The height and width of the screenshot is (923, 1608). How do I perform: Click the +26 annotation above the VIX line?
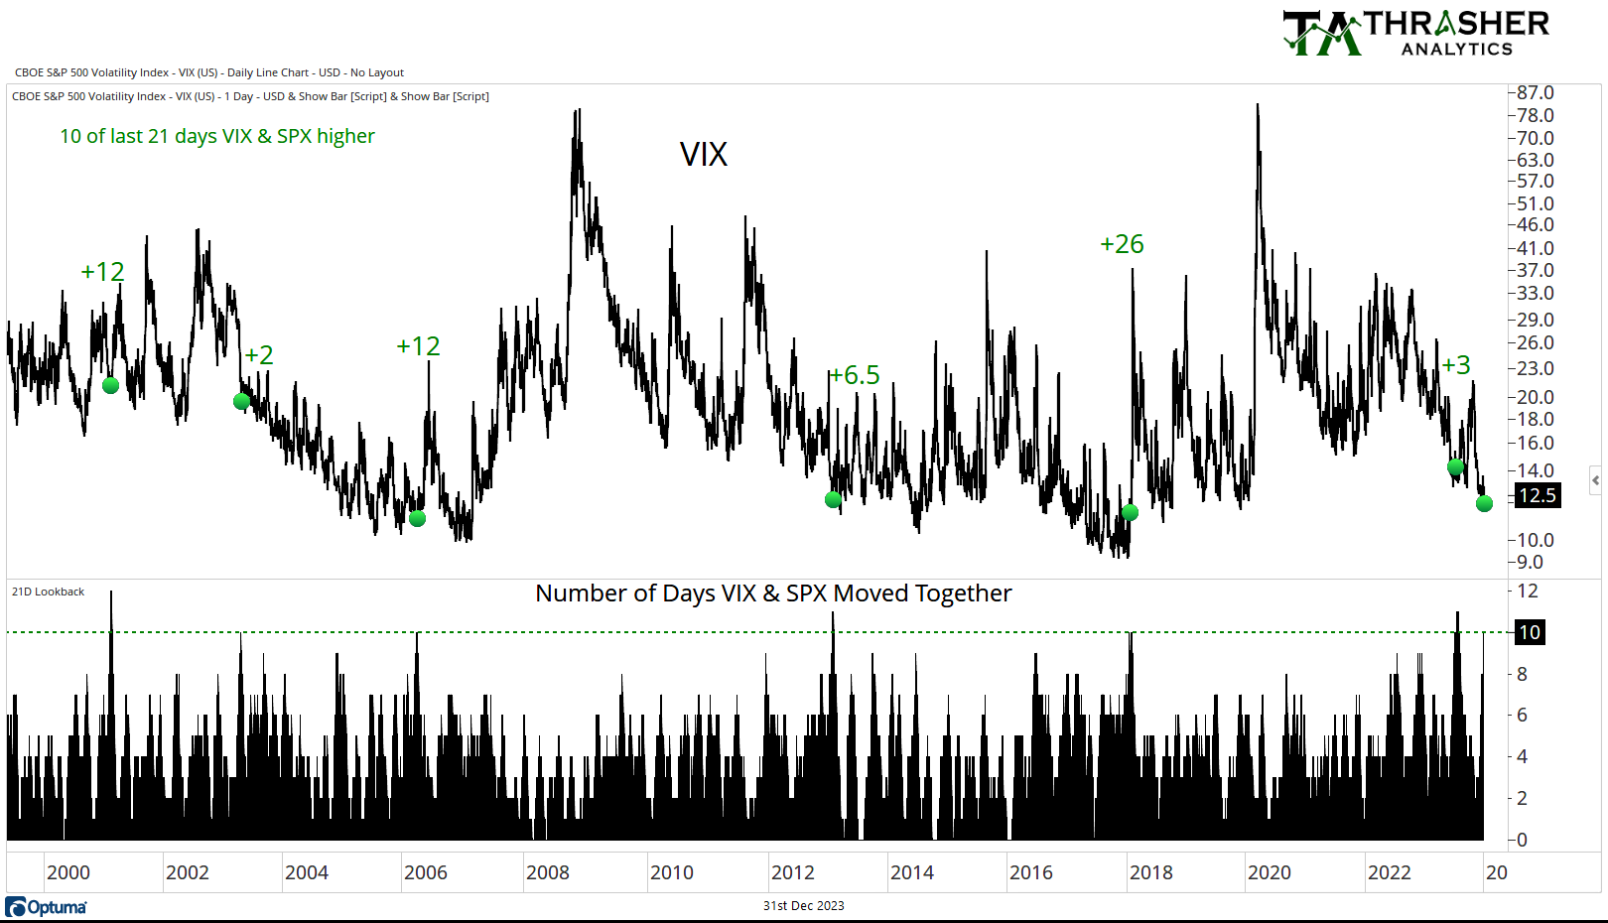click(1122, 244)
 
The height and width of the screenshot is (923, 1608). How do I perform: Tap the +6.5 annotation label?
click(855, 375)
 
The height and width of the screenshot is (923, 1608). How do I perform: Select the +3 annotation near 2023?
click(1456, 365)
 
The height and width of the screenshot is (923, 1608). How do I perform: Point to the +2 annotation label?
click(259, 355)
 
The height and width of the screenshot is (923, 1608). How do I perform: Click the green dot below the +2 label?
click(241, 401)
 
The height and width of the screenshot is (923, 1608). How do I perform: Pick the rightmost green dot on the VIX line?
click(1484, 503)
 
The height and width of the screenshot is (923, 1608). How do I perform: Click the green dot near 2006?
click(417, 518)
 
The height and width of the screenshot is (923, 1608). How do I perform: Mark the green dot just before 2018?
click(1130, 512)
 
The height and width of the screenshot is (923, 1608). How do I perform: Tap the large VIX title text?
click(704, 155)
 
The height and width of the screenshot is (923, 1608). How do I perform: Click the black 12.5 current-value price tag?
click(1538, 495)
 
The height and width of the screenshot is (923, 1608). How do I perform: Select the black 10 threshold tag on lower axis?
click(1530, 632)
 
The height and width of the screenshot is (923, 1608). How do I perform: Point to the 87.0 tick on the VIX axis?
click(1535, 92)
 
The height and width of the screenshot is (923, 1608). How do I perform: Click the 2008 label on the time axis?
click(548, 872)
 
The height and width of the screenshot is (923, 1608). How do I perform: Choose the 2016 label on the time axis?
click(1031, 872)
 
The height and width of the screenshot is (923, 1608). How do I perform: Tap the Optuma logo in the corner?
click(47, 907)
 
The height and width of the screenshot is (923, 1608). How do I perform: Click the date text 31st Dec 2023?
click(803, 905)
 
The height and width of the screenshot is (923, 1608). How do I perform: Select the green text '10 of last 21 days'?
click(217, 136)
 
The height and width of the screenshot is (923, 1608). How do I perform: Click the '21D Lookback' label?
click(48, 592)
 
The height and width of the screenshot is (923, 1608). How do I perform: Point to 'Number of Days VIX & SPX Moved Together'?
click(773, 593)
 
